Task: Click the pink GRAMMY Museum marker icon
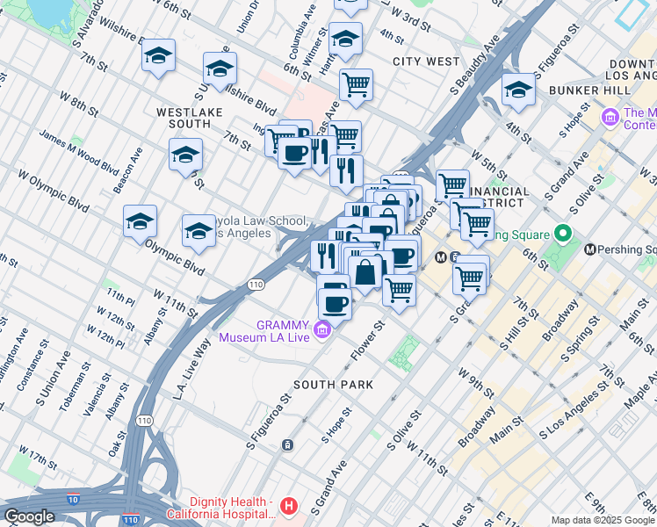(323, 329)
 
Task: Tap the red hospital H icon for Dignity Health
(290, 507)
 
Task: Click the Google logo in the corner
(28, 516)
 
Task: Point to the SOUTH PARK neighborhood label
(334, 385)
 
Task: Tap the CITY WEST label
(426, 61)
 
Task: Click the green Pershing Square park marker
(564, 235)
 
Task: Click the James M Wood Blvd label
(78, 153)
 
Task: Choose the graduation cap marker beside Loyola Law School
(199, 230)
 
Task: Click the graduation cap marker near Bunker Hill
(518, 90)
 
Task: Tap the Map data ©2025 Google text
(602, 520)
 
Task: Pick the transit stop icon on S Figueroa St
(287, 445)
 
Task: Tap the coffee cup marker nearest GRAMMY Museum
(335, 303)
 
